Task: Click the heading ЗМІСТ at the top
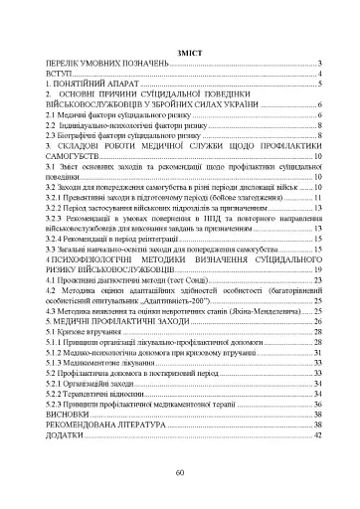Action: click(180, 50)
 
